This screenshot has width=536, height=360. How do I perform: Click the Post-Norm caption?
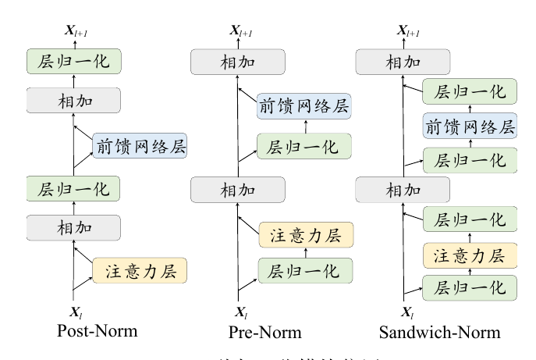97,331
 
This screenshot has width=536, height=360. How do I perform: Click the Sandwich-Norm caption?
439,332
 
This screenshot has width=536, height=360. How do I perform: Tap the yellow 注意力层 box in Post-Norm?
140,270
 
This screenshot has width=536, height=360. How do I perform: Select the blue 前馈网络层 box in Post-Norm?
140,145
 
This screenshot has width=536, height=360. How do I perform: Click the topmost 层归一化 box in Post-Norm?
73,60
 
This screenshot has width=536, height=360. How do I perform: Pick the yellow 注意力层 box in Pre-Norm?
305,233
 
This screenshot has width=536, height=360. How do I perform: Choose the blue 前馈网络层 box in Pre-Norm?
305,105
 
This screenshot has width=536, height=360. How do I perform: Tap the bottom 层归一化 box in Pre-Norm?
305,270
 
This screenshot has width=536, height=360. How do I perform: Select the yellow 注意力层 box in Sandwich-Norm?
470,255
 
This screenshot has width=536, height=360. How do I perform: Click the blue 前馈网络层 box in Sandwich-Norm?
470,127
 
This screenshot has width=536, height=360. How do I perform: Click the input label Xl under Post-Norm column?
75,312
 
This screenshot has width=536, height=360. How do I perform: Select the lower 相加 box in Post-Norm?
73,228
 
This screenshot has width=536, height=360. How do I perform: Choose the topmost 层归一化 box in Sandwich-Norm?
470,91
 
